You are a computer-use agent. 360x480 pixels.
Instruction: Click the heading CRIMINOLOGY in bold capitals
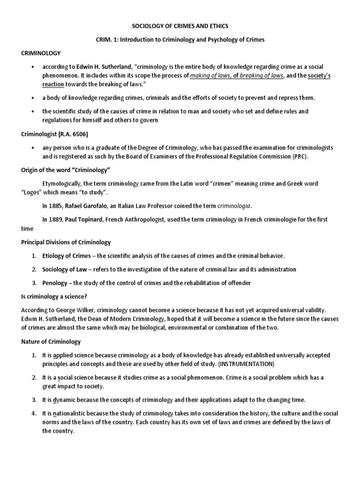coord(40,53)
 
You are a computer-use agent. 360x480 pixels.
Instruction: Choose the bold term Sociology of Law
coord(67,270)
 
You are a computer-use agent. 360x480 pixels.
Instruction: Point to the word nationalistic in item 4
coord(72,413)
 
